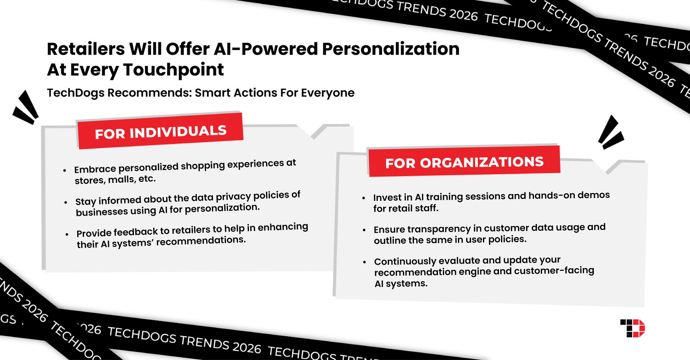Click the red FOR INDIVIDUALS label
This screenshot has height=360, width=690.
160,131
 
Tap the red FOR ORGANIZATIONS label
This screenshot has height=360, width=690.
464,162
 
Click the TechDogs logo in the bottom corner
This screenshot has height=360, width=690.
632,328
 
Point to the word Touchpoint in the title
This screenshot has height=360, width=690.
173,70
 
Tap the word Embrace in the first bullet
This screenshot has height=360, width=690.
95,169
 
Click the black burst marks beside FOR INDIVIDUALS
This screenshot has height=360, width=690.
26,107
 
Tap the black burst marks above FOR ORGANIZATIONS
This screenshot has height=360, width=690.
610,132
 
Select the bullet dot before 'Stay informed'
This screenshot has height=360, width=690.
66,202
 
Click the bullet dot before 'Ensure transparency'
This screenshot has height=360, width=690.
364,230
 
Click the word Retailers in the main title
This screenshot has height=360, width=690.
85,49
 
